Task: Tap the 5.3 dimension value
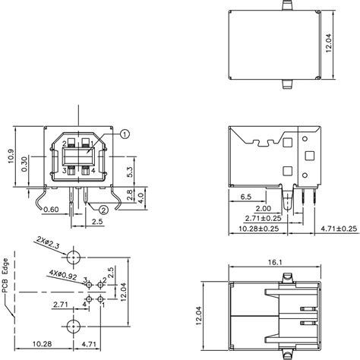click(130, 172)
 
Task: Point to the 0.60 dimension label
click(52, 210)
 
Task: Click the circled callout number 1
click(125, 134)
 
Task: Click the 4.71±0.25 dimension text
click(337, 229)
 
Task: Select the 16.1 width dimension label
click(275, 262)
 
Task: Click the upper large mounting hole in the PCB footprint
click(74, 254)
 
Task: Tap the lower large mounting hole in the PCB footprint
click(74, 327)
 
